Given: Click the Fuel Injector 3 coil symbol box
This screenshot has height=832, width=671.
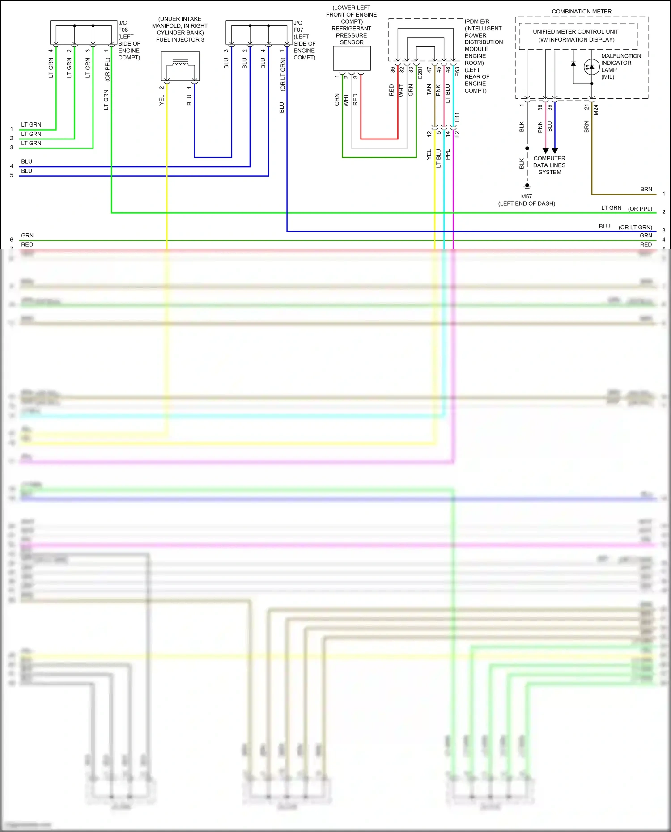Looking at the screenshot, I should tap(180, 66).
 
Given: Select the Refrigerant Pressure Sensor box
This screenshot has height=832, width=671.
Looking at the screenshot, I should tap(352, 58).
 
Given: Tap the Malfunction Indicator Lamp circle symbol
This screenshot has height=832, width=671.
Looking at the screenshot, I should tap(591, 67).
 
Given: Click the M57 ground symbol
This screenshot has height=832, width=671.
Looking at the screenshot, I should tap(527, 186).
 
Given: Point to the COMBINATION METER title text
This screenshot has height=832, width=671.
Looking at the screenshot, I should tap(582, 12).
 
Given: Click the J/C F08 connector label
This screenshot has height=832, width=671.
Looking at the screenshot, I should tap(123, 26).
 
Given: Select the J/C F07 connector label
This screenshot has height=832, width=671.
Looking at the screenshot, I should tap(298, 26).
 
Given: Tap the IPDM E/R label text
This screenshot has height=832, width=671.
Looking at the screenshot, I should tap(477, 21).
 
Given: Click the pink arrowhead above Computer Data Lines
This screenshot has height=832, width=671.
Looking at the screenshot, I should tap(545, 151).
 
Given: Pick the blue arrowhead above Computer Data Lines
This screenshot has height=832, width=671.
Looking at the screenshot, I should tap(555, 151).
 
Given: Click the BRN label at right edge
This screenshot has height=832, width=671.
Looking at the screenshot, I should tap(646, 189).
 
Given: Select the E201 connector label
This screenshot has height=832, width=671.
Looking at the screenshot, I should tap(420, 72).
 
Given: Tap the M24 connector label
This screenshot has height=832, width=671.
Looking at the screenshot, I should tap(596, 110).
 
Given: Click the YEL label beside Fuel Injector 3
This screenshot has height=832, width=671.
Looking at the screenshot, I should tap(162, 100).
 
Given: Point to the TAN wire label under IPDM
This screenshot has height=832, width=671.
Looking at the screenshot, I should tap(429, 89).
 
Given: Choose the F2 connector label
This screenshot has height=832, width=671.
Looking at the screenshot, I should tap(457, 134).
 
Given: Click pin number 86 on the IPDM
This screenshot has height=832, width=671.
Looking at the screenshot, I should tap(392, 70).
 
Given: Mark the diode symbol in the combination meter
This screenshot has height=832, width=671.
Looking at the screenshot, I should tap(573, 64).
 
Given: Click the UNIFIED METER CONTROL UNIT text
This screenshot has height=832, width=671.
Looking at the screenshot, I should tap(575, 32).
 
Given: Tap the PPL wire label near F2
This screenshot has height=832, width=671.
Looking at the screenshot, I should tap(448, 154).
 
